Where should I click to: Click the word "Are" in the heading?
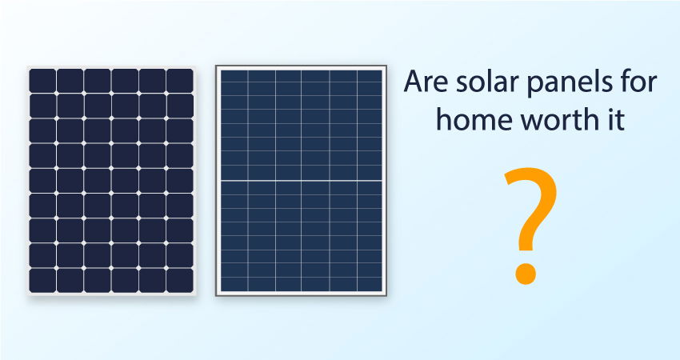tap(426, 82)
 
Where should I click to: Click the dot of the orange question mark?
tap(526, 274)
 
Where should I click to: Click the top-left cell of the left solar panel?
tap(42, 81)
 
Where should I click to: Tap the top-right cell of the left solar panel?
tap(180, 81)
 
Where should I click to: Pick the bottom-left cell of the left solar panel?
tap(42, 281)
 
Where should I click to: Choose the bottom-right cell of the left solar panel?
tap(180, 281)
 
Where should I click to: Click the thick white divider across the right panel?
tap(302, 180)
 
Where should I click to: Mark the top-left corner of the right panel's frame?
tap(215, 66)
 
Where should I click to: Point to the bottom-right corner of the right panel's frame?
tap(386, 296)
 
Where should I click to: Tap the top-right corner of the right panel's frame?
tap(386, 66)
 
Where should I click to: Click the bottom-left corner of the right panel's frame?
tap(215, 296)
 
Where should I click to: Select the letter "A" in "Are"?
tap(414, 82)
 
